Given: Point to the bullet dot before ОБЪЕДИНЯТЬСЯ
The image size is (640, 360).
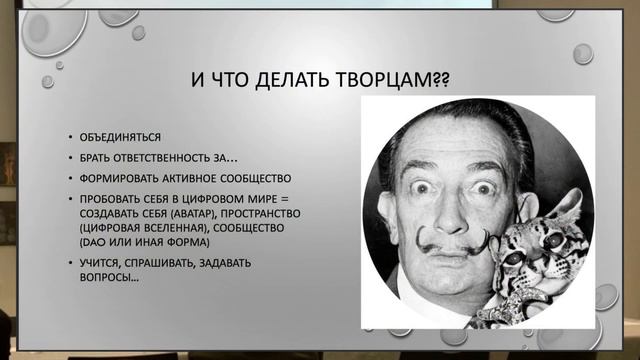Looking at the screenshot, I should click(70, 135).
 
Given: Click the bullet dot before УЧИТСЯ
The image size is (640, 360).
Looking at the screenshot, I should click(70, 263).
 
